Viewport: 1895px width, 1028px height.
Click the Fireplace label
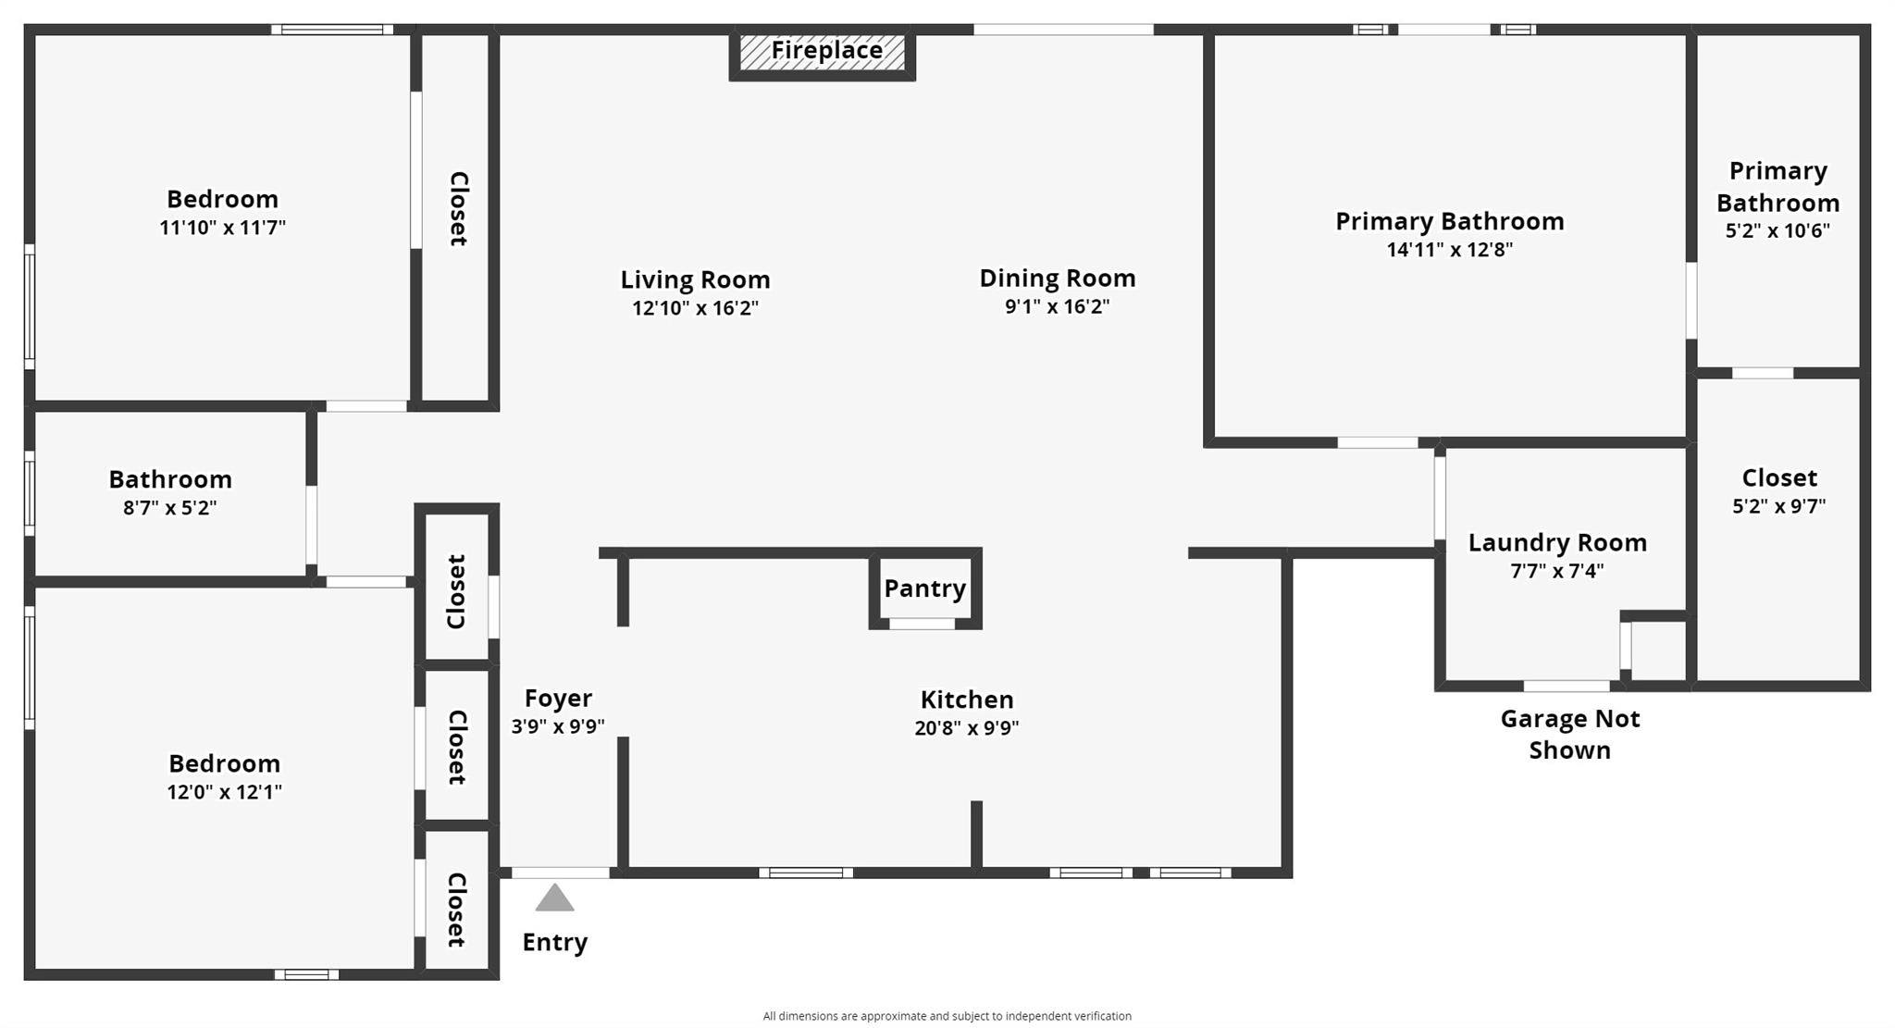826,50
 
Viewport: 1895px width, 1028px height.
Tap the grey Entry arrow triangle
554,898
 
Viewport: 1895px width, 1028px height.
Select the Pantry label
924,588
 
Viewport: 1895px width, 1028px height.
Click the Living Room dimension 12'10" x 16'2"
695,308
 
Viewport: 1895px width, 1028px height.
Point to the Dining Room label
1058,279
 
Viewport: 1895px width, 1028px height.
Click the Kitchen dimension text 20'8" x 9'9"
966,728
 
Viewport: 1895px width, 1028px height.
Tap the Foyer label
558,699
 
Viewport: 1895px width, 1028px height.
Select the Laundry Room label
1557,543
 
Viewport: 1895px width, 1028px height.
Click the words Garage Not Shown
1569,735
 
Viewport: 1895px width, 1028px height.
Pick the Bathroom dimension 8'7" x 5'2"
169,508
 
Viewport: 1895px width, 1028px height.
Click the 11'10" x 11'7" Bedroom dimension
222,228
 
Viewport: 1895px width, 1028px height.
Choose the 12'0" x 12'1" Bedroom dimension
224,792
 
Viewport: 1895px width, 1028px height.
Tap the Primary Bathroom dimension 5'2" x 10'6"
1777,231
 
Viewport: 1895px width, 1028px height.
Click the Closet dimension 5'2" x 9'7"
1778,507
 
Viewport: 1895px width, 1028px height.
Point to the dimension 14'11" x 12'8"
1449,250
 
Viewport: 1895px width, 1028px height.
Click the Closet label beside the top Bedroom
458,209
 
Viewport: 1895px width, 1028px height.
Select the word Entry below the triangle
554,943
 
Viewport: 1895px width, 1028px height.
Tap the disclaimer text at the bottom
947,1016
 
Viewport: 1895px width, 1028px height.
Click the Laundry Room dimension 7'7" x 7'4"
1556,572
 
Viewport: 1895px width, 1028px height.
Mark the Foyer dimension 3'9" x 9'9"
558,727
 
